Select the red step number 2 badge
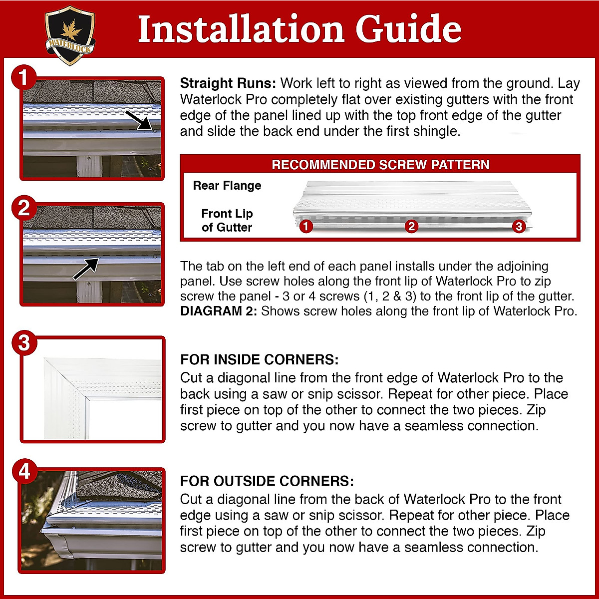pyautogui.click(x=24, y=208)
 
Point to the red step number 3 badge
pyautogui.click(x=24, y=343)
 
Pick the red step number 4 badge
pyautogui.click(x=24, y=472)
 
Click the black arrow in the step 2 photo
pyautogui.click(x=86, y=268)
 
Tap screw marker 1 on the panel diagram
pyautogui.click(x=306, y=227)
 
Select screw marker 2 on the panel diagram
pyautogui.click(x=411, y=227)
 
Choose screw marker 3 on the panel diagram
pyautogui.click(x=519, y=227)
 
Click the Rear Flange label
pyautogui.click(x=227, y=186)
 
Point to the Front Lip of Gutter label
pyautogui.click(x=227, y=221)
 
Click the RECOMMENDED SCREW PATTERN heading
pyautogui.click(x=380, y=165)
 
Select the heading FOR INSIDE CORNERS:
pyautogui.click(x=259, y=360)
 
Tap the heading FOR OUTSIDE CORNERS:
pyautogui.click(x=267, y=481)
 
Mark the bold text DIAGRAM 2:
pyautogui.click(x=219, y=311)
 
